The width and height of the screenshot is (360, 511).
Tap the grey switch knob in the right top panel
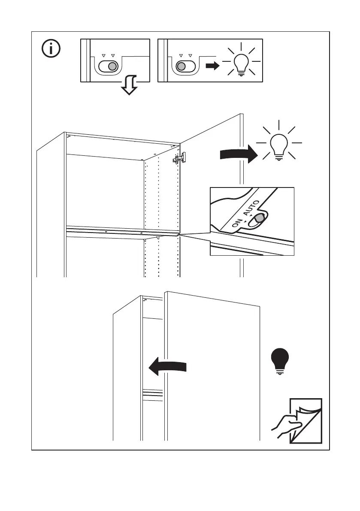(x=181, y=67)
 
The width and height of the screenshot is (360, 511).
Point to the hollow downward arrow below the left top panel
(x=129, y=86)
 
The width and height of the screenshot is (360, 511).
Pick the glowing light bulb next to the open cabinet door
(x=279, y=145)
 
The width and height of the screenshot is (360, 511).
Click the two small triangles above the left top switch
(x=108, y=56)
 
